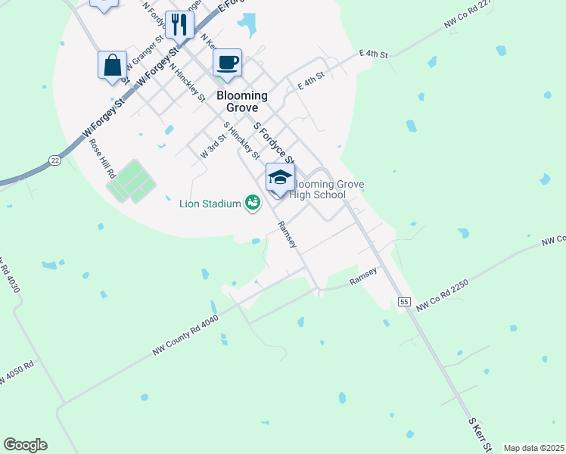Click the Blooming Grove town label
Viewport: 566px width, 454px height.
242,102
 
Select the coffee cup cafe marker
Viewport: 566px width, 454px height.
227,62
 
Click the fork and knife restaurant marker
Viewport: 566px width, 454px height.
179,24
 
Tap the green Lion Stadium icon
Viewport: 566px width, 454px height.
252,203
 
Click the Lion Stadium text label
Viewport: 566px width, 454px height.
210,203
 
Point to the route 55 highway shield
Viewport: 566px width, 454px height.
405,302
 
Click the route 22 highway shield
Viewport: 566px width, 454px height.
54,160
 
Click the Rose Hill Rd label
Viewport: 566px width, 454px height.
101,158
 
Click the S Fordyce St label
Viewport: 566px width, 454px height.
273,141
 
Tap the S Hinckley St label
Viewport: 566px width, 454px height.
241,141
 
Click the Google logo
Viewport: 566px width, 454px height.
25,445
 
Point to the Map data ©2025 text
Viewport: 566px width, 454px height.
533,448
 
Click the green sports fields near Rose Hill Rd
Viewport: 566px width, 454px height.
130,182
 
